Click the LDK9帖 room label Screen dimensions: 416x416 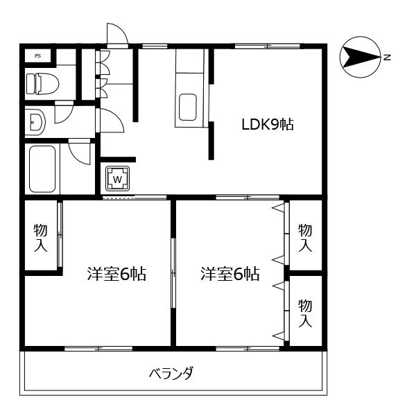(267, 125)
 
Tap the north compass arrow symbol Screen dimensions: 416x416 (359, 57)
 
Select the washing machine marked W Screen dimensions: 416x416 (117, 179)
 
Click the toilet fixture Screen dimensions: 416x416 (42, 84)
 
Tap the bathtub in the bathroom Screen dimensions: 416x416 (43, 169)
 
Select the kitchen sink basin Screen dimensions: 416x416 (189, 107)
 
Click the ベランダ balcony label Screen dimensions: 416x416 (171, 374)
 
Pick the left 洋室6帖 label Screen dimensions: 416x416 (116, 273)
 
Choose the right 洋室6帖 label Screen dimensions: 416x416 (230, 273)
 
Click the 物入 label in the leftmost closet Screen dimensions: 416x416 (40, 237)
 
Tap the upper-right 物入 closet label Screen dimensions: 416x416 (305, 237)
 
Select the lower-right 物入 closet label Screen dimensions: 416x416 (305, 313)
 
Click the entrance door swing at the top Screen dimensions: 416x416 (116, 35)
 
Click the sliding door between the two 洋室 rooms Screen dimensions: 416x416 (173, 272)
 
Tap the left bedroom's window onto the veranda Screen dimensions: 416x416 (98, 348)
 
